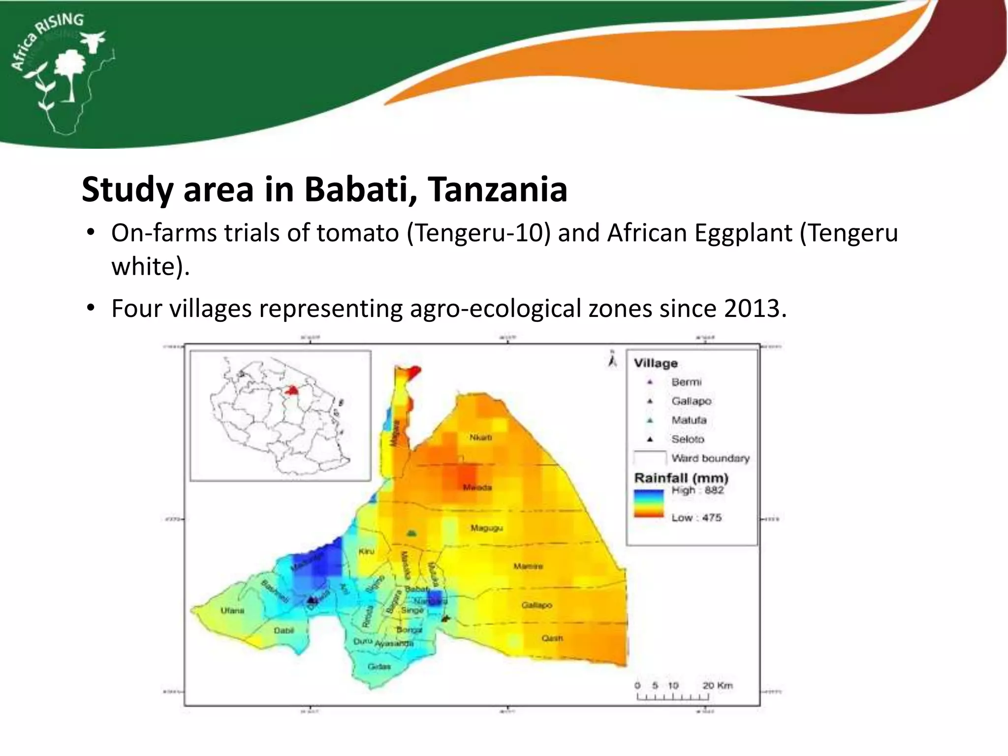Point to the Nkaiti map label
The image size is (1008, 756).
(480, 437)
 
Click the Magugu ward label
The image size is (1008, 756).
(486, 528)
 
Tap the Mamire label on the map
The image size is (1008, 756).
(528, 566)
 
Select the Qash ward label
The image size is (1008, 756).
(552, 638)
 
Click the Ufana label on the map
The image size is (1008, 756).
(232, 610)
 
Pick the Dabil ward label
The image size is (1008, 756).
(283, 630)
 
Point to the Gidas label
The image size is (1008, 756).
(379, 666)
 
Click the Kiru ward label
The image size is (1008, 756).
(366, 551)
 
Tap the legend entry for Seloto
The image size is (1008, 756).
(688, 439)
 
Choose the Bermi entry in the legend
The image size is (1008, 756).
(686, 382)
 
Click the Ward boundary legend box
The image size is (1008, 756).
(650, 458)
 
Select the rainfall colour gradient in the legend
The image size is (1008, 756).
(649, 504)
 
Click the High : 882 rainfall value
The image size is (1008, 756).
(697, 490)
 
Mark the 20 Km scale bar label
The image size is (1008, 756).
(717, 686)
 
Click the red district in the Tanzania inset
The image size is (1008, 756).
(292, 390)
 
